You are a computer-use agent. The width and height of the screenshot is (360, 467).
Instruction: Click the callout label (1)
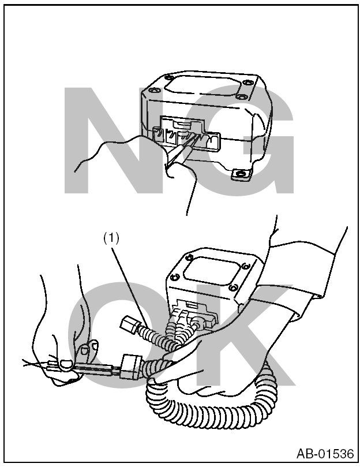coord(111,238)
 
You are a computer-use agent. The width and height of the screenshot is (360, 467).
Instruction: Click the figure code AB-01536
coord(325,454)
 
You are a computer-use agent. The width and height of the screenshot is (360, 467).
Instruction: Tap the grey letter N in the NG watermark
coord(114,140)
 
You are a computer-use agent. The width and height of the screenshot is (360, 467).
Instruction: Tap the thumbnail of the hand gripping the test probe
coord(66,364)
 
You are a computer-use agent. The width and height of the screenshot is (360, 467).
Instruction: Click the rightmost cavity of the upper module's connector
coord(211,140)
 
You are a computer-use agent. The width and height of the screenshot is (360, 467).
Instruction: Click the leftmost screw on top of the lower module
coord(175,277)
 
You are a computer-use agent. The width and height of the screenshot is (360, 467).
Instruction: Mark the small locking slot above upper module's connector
coord(181,122)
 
